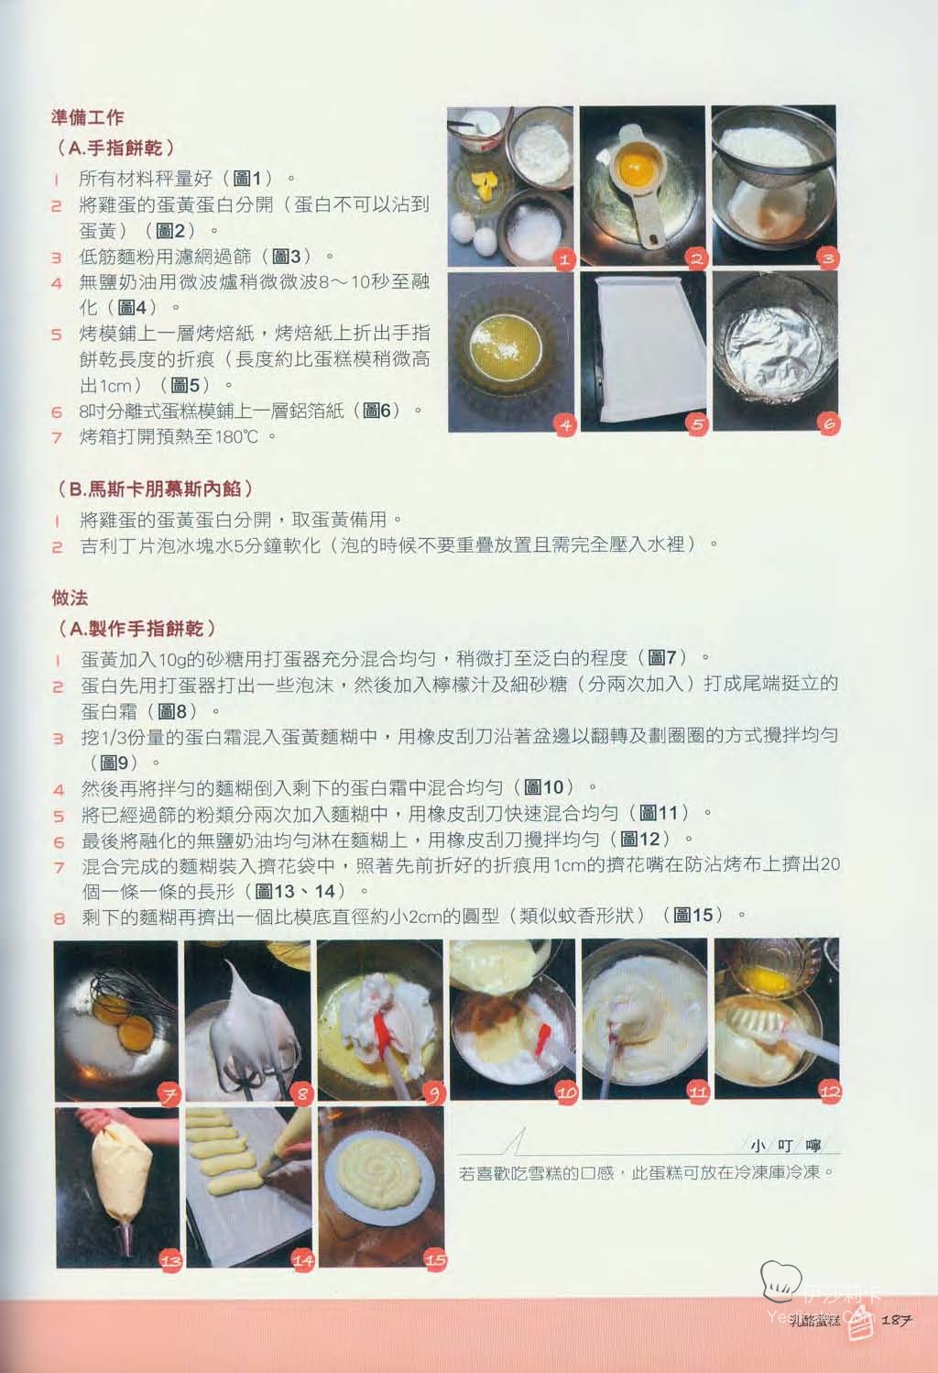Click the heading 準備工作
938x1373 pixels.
tap(88, 117)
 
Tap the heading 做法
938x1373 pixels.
tap(70, 598)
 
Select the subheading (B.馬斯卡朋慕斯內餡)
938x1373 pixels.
tap(155, 489)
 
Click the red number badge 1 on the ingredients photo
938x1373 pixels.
tap(564, 259)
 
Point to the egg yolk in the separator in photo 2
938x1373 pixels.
tap(637, 164)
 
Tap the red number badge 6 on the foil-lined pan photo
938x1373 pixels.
tap(829, 423)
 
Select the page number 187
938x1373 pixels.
tap(897, 1319)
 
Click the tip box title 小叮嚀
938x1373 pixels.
tap(785, 1145)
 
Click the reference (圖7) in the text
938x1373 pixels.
tap(664, 658)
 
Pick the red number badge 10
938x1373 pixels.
tap(566, 1092)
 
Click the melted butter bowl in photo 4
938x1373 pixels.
tap(506, 342)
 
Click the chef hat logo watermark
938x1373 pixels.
tap(780, 1280)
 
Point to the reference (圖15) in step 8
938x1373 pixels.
tap(694, 916)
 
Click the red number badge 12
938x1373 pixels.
tap(830, 1092)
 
